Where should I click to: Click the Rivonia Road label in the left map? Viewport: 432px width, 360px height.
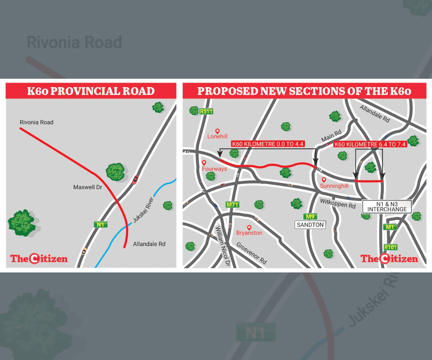[x=36, y=122]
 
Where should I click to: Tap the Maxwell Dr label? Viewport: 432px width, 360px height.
[x=88, y=187]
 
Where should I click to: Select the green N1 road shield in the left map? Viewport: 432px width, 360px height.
[x=101, y=225]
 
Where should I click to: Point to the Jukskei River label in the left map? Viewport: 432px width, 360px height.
[x=143, y=210]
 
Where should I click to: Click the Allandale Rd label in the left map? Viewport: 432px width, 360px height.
[x=149, y=244]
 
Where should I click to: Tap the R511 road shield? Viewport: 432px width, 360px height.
[x=206, y=112]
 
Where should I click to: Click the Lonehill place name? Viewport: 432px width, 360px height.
[x=217, y=136]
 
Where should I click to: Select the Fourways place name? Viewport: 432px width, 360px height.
[x=214, y=168]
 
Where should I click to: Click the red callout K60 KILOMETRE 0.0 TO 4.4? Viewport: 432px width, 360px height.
[x=268, y=144]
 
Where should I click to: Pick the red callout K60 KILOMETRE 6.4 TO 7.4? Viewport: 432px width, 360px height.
[x=370, y=145]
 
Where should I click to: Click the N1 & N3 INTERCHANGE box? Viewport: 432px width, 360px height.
[x=387, y=206]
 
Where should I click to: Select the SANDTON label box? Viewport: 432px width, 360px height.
[x=310, y=225]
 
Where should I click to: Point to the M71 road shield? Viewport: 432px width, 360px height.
[x=233, y=204]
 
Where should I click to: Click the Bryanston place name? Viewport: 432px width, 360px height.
[x=249, y=233]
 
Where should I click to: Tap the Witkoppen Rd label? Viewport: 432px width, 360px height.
[x=337, y=204]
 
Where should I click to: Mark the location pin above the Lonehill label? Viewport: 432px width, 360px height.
[x=217, y=131]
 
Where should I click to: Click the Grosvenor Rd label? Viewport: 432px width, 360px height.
[x=252, y=253]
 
